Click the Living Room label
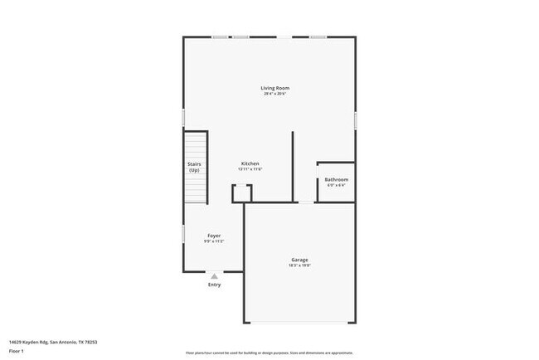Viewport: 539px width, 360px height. coord(275,87)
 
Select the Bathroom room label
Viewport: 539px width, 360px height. coord(336,179)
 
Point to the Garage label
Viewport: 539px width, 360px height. coord(299,260)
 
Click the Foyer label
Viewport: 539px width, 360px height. coord(214,236)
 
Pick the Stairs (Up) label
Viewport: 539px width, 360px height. coord(193,167)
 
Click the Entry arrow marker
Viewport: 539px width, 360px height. coord(214,276)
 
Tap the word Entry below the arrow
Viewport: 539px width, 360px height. coord(214,285)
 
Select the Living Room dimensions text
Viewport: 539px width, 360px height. coord(275,94)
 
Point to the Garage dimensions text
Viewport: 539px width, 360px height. coord(299,266)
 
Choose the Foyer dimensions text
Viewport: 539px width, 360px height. coord(214,241)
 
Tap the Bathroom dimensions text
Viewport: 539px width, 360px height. coord(336,185)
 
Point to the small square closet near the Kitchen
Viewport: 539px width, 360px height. coord(242,192)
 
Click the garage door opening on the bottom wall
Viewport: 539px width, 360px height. coord(300,323)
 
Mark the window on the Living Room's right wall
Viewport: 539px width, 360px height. coord(355,119)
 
